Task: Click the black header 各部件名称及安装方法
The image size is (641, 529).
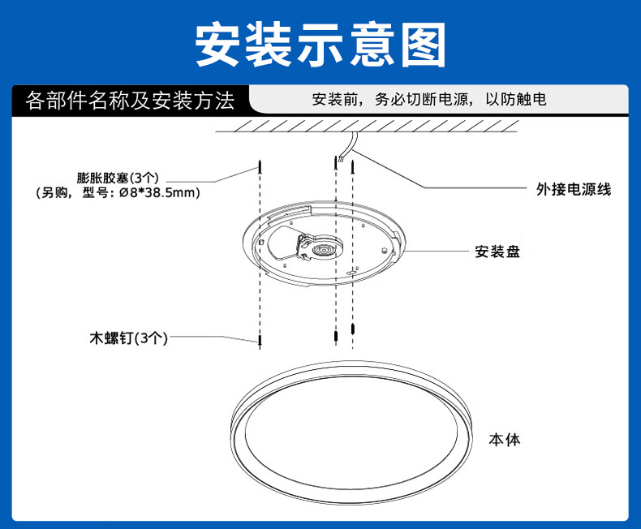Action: coord(130,101)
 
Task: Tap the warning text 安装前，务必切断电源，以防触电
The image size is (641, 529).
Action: coord(429,101)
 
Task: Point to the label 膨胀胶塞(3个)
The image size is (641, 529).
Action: coord(121,177)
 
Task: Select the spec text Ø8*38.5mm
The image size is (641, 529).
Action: coord(159,193)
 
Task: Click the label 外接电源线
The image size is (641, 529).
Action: coord(573,189)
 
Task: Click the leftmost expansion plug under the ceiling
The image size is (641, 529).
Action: coord(260,168)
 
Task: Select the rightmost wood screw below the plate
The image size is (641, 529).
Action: coord(355,329)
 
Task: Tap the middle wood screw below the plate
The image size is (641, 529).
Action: coord(334,336)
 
